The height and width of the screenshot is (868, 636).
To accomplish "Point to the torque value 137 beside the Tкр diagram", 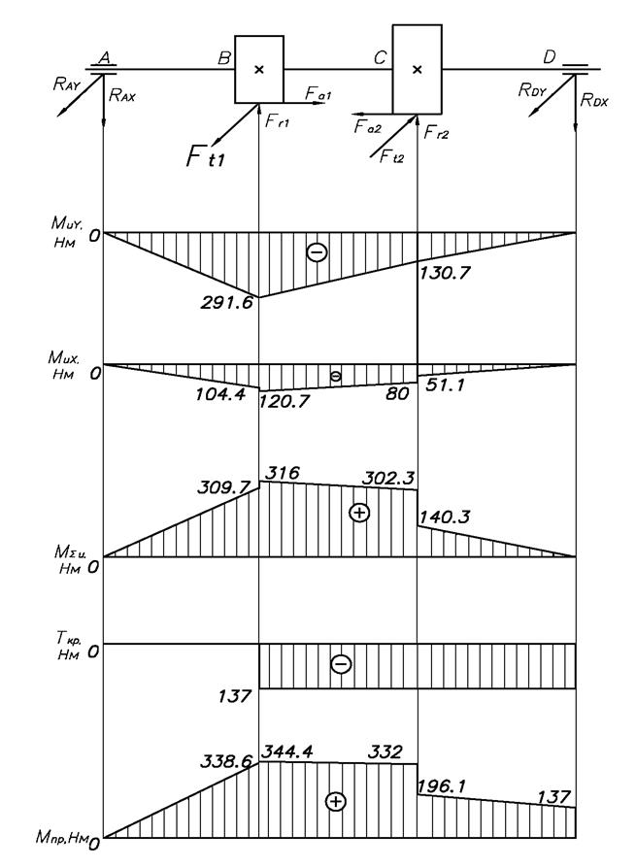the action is (x=237, y=696).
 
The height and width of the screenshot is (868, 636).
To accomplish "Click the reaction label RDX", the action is (x=593, y=98).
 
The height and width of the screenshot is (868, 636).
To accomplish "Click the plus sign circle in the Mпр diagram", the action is (x=335, y=801).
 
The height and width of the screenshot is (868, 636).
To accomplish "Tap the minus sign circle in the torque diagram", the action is (x=341, y=664).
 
